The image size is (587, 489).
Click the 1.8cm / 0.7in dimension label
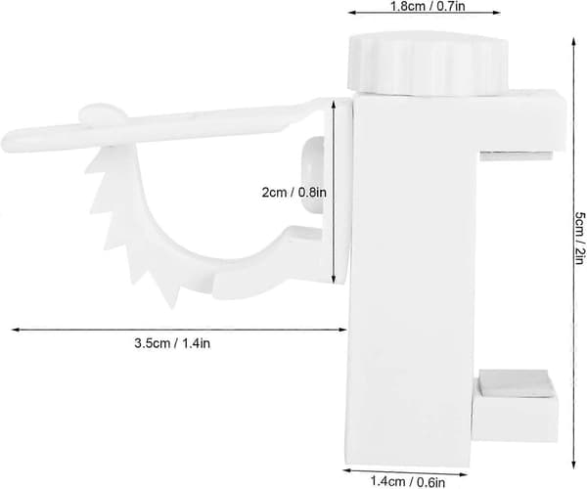pos(428,6)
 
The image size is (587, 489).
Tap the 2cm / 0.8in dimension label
pos(293,193)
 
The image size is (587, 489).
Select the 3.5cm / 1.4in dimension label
pos(172,343)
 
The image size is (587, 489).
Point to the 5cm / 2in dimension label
pos(579,239)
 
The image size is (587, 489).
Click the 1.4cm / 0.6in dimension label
pos(408,480)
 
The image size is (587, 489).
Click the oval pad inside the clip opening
pos(313,174)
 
